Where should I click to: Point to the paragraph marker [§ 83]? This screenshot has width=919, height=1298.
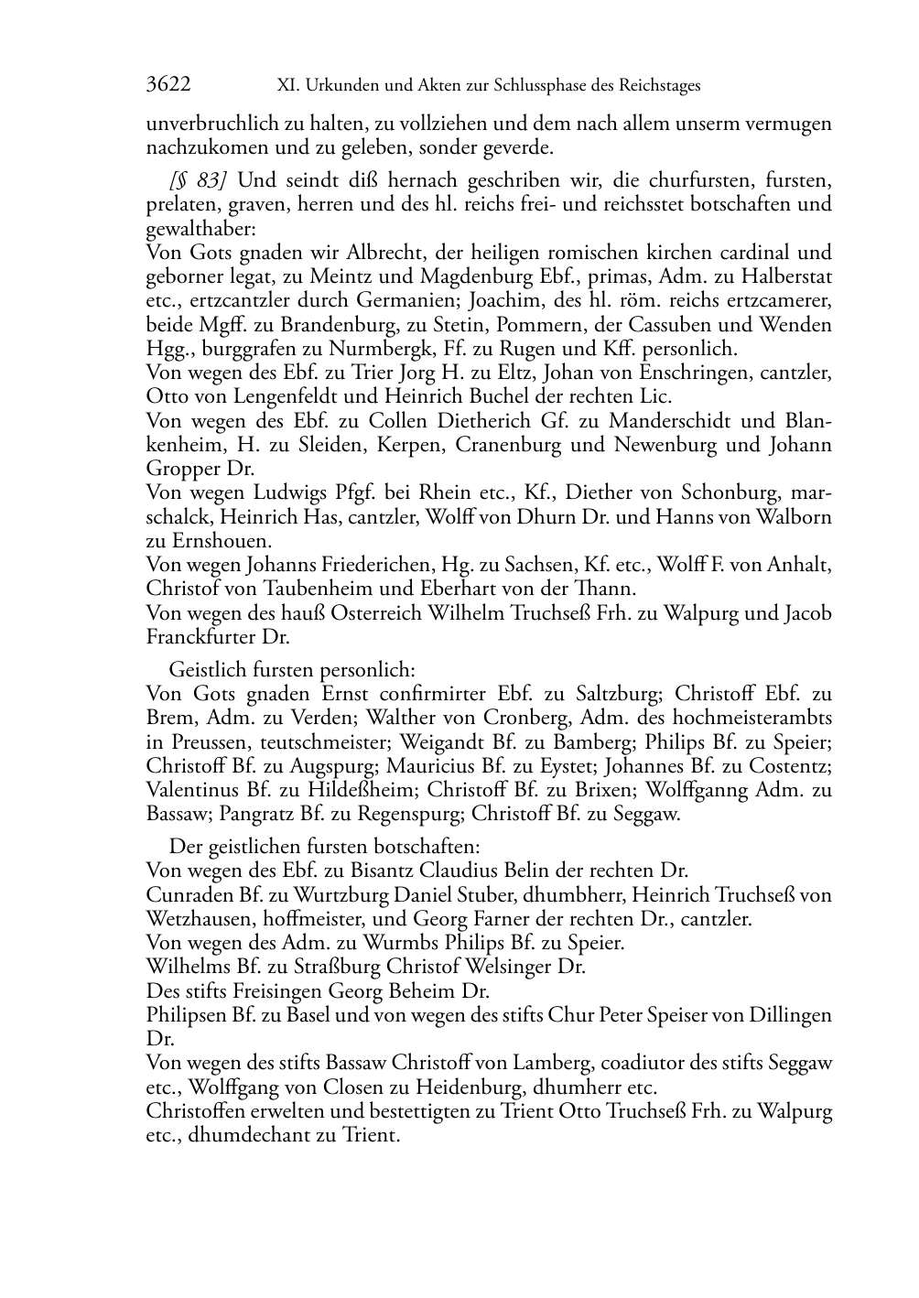click(x=197, y=179)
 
